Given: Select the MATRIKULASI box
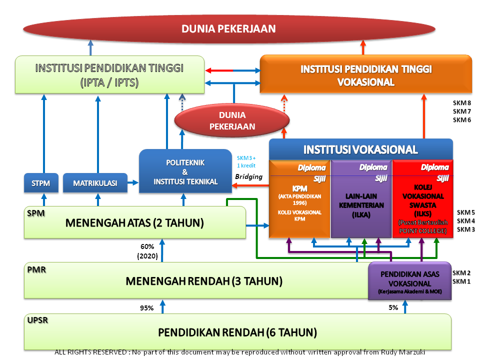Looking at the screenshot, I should (95, 183).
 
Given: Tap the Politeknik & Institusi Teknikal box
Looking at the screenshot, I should (185, 171).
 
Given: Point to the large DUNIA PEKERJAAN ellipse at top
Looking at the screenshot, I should (228, 29).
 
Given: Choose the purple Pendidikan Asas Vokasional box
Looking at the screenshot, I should (410, 281).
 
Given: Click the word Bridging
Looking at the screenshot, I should (248, 176).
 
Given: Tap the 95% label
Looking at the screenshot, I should (146, 308).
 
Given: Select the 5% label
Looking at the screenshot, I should (393, 307).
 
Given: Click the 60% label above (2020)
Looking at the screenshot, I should (147, 246).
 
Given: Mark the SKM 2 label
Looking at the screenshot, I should (461, 273).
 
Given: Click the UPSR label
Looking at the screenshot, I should (38, 320).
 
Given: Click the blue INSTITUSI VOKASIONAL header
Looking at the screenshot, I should (360, 149).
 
